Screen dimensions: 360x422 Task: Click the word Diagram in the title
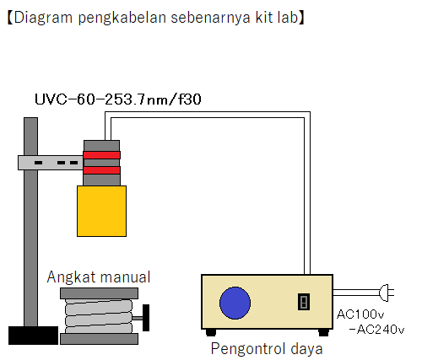pyautogui.click(x=41, y=17)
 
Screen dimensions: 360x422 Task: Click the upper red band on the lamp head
pyautogui.click(x=101, y=154)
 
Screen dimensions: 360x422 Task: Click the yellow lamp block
pyautogui.click(x=101, y=211)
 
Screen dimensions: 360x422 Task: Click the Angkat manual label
pyautogui.click(x=99, y=277)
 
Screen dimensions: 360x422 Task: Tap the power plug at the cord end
pyautogui.click(x=387, y=293)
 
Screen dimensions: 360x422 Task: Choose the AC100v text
pyautogui.click(x=361, y=314)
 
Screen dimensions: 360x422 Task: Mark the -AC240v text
pyautogui.click(x=376, y=329)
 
